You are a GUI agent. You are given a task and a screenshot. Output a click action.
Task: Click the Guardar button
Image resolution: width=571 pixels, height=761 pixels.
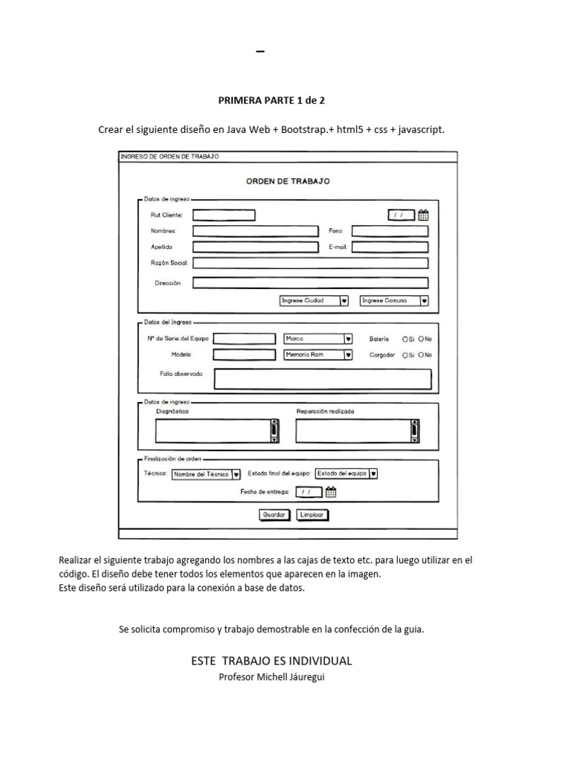tap(274, 514)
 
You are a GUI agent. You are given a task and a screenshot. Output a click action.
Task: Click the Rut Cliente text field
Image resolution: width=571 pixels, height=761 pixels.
tap(224, 216)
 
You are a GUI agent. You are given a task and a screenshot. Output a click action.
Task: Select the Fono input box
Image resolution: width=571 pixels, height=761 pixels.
tap(390, 231)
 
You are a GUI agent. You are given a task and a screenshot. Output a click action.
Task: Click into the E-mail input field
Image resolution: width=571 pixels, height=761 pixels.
tap(390, 247)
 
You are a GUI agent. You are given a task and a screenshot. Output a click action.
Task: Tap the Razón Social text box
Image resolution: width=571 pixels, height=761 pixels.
tap(310, 262)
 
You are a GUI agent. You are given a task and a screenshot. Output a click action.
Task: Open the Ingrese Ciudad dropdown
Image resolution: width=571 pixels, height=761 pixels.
tap(314, 301)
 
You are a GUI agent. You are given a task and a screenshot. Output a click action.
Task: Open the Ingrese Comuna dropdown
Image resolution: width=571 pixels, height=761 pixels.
tap(394, 301)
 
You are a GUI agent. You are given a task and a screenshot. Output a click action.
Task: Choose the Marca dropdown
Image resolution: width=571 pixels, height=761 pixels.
tap(318, 338)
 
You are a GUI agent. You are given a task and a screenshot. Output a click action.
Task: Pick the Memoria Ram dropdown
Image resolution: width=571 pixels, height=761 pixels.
tap(318, 355)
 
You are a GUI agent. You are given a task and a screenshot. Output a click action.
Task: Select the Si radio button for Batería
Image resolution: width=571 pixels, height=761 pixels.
tap(405, 339)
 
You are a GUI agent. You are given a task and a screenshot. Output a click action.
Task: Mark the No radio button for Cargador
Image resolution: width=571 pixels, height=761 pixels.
tap(421, 355)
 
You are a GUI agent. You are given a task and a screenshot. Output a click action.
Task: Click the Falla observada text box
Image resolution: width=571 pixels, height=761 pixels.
tap(322, 379)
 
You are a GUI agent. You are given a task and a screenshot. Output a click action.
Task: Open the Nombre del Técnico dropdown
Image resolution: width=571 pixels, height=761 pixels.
tap(206, 473)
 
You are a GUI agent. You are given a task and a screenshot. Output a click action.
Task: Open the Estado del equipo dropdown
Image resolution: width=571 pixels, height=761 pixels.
tap(346, 473)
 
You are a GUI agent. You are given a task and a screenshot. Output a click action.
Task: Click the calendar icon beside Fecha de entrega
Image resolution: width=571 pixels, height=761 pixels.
tap(332, 491)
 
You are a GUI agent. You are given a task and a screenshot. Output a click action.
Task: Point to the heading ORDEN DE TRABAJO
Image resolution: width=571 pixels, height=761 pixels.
tap(288, 181)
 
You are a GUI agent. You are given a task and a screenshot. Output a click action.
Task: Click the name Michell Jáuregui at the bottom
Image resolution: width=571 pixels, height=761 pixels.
tap(295, 676)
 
